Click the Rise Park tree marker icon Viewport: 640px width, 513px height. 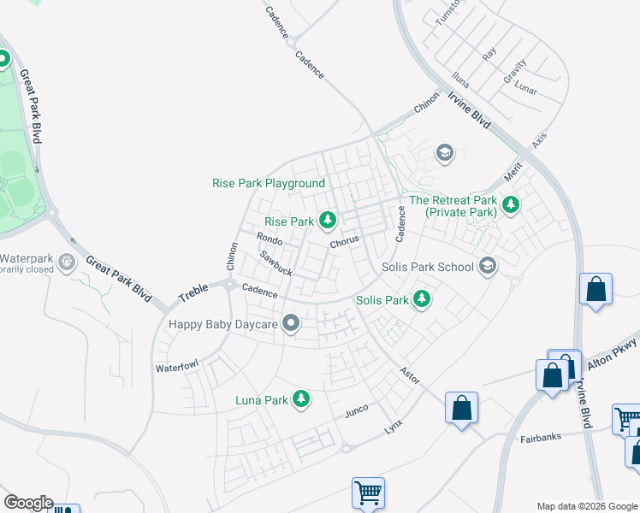coord(327,221)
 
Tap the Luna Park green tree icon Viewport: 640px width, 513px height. coord(300,398)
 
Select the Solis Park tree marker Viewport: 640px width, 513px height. coord(421,299)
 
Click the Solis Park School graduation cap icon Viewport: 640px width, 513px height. coord(488,266)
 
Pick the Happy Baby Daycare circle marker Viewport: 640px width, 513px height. coord(292,323)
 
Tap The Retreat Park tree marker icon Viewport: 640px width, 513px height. coord(511,204)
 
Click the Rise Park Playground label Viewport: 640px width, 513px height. coord(269,183)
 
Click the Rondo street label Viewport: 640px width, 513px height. coord(270,240)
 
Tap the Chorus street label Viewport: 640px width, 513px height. coord(345,241)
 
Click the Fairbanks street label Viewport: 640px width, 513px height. coord(541,438)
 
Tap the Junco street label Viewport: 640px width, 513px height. coord(356,410)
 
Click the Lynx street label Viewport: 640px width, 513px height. coord(393,425)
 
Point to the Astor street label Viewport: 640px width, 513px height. coord(410,374)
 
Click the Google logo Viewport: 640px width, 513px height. coord(28,503)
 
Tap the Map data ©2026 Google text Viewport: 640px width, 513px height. coord(586,506)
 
